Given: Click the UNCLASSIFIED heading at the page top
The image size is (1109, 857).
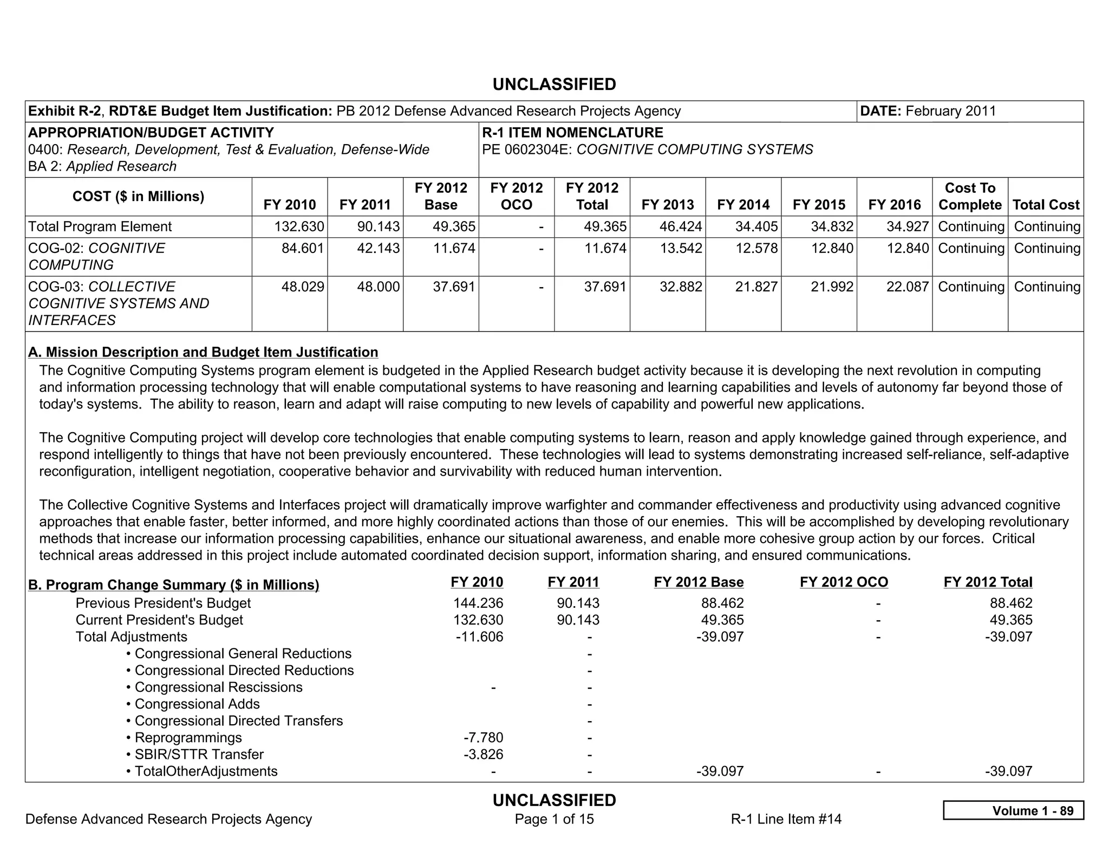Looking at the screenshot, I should [554, 85].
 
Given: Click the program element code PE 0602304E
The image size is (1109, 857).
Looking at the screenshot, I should [527, 150].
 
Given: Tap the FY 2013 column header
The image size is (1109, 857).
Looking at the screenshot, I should [667, 205].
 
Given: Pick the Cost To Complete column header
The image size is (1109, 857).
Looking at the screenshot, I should [969, 196].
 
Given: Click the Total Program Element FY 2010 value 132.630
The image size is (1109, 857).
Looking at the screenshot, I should [299, 226].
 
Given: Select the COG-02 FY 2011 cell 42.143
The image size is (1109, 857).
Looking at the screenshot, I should [378, 248].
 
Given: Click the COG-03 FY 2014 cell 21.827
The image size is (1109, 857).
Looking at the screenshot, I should [756, 287].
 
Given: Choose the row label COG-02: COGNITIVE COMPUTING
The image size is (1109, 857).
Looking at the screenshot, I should [96, 256].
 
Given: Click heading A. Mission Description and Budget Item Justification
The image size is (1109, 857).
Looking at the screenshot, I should [203, 352].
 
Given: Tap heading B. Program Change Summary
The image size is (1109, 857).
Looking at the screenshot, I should [173, 585].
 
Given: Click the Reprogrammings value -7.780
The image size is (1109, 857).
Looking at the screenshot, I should [483, 737].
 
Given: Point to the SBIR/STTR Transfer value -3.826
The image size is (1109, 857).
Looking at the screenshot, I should [483, 754].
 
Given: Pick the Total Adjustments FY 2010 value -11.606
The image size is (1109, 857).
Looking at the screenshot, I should [479, 637].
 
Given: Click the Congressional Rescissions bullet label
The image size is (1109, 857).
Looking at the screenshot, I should [218, 687].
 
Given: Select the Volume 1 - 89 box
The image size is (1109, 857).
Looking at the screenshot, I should [1013, 810].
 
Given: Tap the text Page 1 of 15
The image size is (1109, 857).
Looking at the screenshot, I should [554, 819].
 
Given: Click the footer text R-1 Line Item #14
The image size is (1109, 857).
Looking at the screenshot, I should [786, 819].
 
